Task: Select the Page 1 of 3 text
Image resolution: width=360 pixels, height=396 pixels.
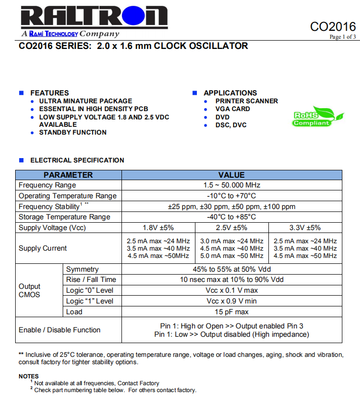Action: (x=342, y=37)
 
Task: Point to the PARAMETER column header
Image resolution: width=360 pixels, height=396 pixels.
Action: (x=68, y=175)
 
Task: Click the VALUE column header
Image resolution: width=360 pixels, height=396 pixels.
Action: (x=232, y=175)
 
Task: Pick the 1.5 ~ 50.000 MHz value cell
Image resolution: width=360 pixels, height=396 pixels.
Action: (x=232, y=185)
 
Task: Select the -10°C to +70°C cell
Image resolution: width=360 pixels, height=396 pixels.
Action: (x=232, y=196)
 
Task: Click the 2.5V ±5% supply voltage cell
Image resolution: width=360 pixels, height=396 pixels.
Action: (x=232, y=228)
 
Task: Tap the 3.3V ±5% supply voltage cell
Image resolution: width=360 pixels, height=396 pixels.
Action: (x=305, y=228)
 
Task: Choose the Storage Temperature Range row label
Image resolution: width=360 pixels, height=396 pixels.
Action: (x=64, y=217)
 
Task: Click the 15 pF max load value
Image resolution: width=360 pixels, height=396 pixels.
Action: (x=232, y=312)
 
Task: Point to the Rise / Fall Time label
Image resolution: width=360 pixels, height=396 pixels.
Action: (x=91, y=280)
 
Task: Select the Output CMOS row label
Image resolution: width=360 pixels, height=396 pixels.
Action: (x=30, y=290)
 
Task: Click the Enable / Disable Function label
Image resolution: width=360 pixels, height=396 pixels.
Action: (x=59, y=330)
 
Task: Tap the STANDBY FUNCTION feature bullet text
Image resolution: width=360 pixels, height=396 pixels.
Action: (x=72, y=132)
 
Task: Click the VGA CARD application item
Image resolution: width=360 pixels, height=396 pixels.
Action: (x=233, y=109)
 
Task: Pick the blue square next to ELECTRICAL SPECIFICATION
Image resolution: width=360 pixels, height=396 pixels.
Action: (x=21, y=160)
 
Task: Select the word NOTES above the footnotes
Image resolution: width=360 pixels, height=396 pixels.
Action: (x=28, y=376)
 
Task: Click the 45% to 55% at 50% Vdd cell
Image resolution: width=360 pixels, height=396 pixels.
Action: (x=232, y=269)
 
